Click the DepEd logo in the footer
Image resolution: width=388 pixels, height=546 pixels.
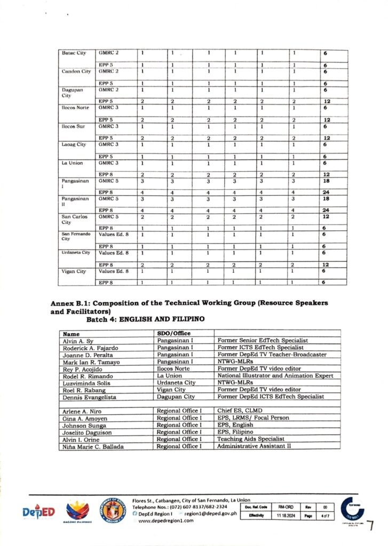38,511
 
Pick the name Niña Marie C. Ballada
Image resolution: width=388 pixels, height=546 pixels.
92,446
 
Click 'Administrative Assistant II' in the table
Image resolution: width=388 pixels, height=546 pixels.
254,446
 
